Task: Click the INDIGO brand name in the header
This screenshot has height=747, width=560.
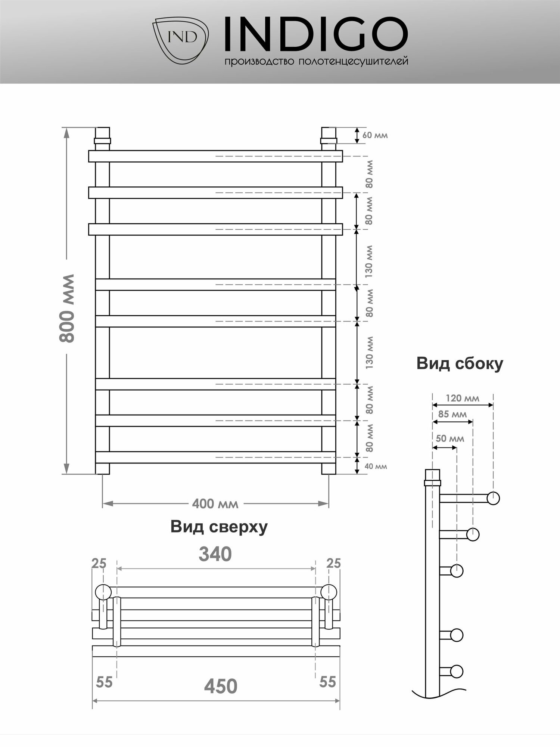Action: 315,34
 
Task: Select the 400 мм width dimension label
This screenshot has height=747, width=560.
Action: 215,504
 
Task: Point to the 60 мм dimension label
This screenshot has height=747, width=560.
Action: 375,135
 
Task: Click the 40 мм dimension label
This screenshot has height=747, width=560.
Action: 376,466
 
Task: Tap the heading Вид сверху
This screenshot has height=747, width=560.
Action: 219,527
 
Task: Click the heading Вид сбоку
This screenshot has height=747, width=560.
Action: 460,363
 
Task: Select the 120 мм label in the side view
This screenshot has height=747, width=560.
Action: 462,398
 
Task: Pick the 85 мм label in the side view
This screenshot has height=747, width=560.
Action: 452,414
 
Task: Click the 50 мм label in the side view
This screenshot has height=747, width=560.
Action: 450,438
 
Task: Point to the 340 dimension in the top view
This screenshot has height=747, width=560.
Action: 215,554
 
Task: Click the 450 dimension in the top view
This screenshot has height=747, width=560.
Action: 220,686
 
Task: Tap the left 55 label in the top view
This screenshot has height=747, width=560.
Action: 104,682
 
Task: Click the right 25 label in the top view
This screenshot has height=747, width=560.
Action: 333,563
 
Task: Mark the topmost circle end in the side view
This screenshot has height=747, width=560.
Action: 493,498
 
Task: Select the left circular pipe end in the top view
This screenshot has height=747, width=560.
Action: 103,592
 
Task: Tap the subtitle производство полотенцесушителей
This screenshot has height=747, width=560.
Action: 316,62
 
